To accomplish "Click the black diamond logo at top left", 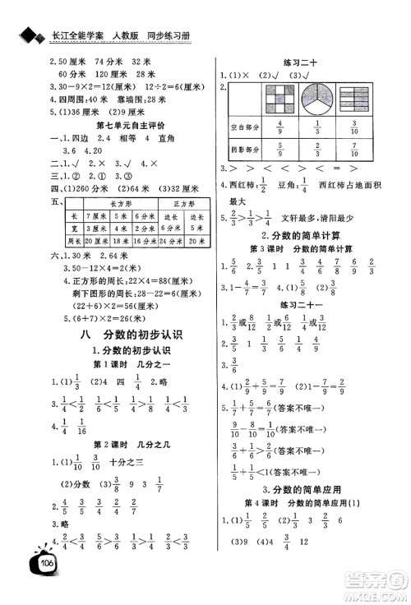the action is click(x=31, y=14).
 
